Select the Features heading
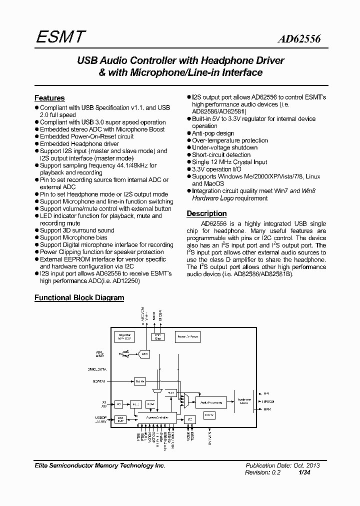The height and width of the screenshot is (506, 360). (x=49, y=98)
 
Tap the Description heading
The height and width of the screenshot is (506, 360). (x=206, y=213)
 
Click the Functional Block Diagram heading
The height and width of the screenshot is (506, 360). (x=79, y=297)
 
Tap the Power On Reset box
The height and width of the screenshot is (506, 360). (x=187, y=337)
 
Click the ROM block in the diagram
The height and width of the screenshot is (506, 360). (x=150, y=403)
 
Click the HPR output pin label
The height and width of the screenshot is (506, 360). (x=266, y=409)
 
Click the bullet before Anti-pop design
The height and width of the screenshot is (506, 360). (x=189, y=133)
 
